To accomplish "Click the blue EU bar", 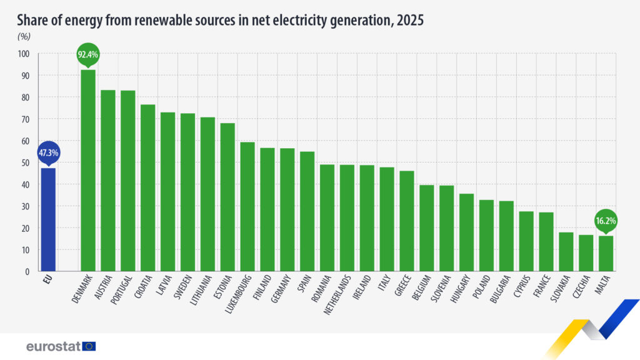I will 48,219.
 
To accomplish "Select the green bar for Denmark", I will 88,171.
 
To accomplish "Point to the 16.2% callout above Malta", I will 606,221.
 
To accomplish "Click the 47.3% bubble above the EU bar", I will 48,152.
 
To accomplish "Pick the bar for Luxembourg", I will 247,207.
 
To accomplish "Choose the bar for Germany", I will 287,210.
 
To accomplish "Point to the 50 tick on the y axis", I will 26,162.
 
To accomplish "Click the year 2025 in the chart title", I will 408,20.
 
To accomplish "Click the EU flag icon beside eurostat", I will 89,346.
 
